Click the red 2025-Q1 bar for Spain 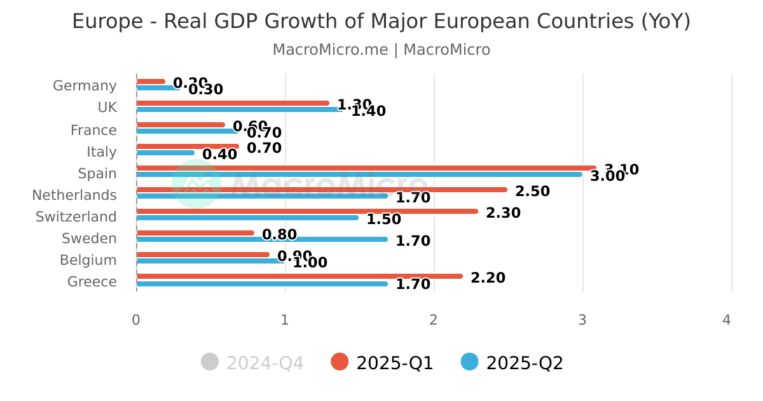[x=366, y=168]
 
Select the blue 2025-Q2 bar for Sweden [x=262, y=239]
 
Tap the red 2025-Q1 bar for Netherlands [x=322, y=190]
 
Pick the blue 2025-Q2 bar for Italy [x=165, y=153]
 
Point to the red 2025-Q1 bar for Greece [x=299, y=276]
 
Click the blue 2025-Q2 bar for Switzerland [x=247, y=218]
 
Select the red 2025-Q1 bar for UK [x=233, y=103]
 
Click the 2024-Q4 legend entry [x=252, y=363]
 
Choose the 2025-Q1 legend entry [x=383, y=363]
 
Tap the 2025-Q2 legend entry [x=512, y=363]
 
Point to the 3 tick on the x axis [x=582, y=320]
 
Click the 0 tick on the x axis [x=136, y=320]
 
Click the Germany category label [x=85, y=86]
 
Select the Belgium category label [x=88, y=260]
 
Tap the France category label [x=93, y=130]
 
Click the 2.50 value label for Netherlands [x=532, y=191]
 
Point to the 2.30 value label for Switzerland [x=503, y=213]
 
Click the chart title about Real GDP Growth [x=381, y=21]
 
